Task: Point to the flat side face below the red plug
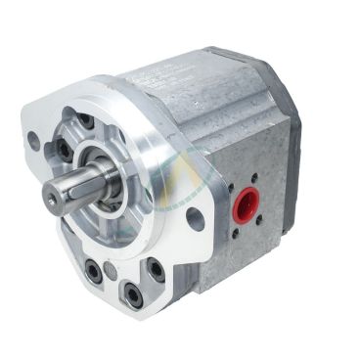pos(245,259)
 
